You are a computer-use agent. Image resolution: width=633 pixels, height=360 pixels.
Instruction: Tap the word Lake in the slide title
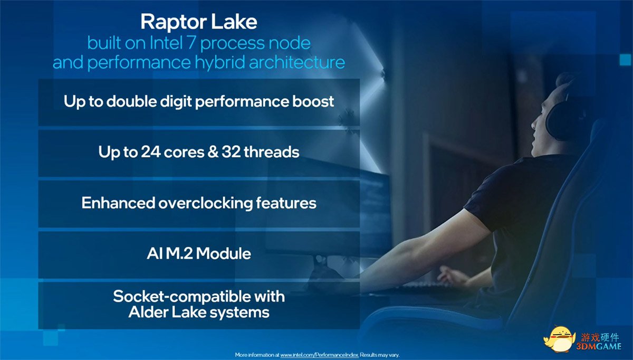[234, 22]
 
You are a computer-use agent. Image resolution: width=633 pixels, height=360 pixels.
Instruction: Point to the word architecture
[296, 62]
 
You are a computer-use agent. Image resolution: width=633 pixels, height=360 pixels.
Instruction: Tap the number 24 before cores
[150, 152]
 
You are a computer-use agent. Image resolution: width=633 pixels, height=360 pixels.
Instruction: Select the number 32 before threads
[231, 152]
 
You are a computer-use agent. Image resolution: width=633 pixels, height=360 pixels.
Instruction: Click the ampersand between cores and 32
[213, 152]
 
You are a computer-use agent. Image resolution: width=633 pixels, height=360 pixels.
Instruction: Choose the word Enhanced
[118, 203]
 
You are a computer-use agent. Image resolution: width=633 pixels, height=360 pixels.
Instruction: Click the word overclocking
[205, 203]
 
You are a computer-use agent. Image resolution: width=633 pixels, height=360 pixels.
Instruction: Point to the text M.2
[179, 253]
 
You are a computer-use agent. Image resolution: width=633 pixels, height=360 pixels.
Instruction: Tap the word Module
[223, 253]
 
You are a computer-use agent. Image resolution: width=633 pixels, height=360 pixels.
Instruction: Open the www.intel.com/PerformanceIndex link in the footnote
[319, 355]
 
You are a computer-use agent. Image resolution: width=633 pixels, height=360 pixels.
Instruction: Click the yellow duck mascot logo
[560, 339]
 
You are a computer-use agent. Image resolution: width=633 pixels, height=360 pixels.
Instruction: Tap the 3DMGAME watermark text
[599, 346]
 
